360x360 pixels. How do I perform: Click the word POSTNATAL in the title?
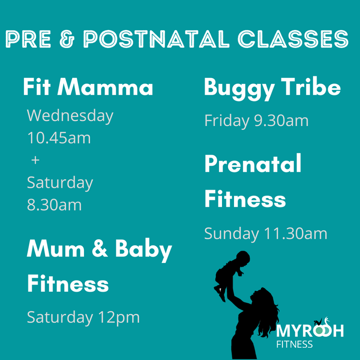point(156,39)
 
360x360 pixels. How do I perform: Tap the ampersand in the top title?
point(67,39)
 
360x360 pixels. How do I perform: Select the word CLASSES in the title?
point(293,39)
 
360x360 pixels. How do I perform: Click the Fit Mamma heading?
point(88,87)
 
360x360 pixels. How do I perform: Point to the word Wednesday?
point(70,116)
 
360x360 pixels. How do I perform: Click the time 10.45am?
point(59,138)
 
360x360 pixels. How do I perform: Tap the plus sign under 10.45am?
point(35,160)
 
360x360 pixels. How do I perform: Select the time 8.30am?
point(54,205)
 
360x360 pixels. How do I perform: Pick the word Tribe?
point(311,86)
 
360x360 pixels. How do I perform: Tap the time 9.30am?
point(281,120)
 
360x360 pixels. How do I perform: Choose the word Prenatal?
point(253,163)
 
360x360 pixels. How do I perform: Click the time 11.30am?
point(296,234)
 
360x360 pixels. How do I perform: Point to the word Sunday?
point(232,234)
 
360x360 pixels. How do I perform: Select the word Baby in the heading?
point(144,250)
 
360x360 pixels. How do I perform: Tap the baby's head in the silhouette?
point(243,258)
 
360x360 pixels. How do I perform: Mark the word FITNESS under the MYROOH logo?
point(294,344)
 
